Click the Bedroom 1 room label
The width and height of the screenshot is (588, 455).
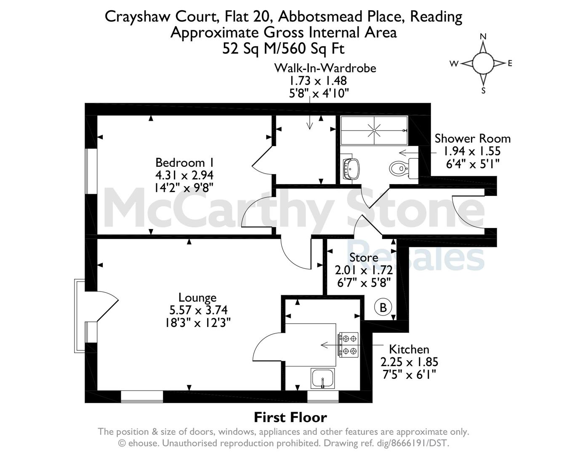click(184, 163)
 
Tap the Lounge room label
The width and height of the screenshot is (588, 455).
click(197, 297)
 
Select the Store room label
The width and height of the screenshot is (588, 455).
click(364, 257)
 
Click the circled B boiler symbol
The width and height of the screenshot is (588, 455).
click(383, 308)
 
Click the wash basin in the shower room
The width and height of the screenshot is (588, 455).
click(351, 169)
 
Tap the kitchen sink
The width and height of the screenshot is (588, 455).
click(322, 379)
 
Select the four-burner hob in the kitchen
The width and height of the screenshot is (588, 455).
click(348, 345)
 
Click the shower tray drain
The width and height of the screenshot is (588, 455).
click(374, 131)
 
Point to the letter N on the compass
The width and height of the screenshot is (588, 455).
click(483, 37)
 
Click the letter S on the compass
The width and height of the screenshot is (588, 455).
click(483, 91)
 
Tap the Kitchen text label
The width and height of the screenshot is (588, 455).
click(409, 349)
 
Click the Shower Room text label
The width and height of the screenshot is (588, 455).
click(472, 139)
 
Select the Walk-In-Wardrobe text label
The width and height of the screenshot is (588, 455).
click(325, 68)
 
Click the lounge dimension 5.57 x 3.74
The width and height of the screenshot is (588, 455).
click(198, 310)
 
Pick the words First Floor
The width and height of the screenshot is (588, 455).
click(290, 418)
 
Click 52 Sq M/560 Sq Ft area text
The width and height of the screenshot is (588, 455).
click(283, 49)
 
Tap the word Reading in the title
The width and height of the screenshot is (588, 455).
click(436, 17)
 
